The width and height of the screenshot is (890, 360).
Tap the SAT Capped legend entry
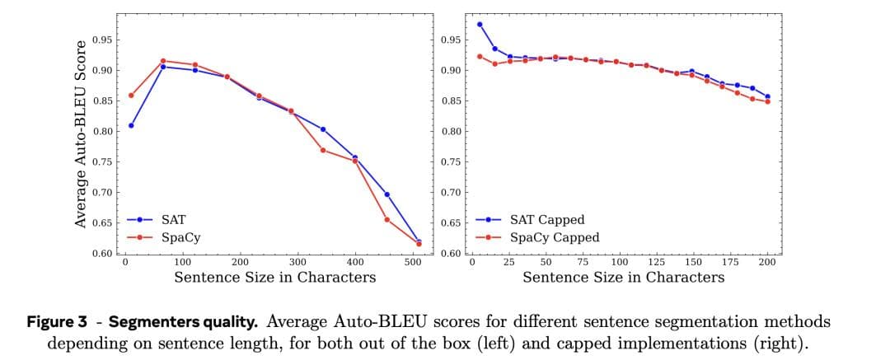click(x=547, y=220)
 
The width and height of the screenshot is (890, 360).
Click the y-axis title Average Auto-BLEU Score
click(x=81, y=133)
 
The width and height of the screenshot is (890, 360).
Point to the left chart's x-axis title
click(x=275, y=277)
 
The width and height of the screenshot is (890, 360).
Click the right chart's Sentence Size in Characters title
click(x=624, y=277)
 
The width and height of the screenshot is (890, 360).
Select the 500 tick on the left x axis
click(x=413, y=261)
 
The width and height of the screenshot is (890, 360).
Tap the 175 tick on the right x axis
click(x=730, y=261)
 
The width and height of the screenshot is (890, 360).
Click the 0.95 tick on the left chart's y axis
click(x=101, y=40)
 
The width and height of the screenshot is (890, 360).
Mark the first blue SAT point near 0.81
click(x=131, y=125)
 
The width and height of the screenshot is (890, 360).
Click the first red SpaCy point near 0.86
click(x=131, y=95)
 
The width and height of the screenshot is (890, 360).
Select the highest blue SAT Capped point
click(x=480, y=24)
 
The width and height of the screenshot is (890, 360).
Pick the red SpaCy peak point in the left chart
click(x=163, y=61)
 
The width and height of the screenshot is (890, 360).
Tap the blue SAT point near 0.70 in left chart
click(x=386, y=194)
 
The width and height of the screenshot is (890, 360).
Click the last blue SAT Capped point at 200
click(x=767, y=96)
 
